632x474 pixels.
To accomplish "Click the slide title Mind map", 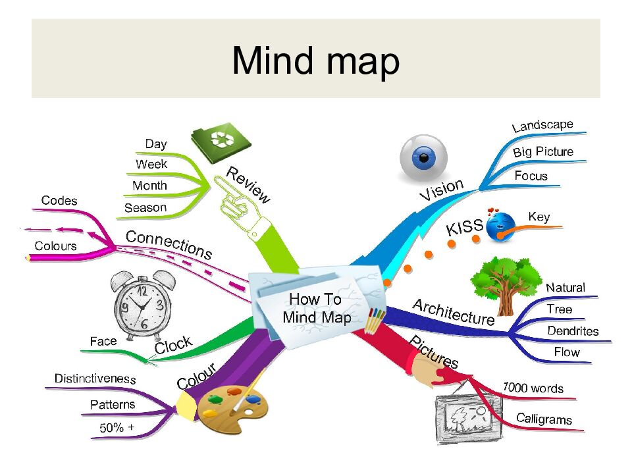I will click(315, 61).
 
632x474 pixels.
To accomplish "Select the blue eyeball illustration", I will click(423, 158).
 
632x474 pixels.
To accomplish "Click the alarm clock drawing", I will click(142, 304).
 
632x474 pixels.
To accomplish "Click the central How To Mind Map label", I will click(316, 308).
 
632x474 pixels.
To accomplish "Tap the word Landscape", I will click(542, 125).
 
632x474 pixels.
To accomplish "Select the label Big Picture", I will click(542, 152).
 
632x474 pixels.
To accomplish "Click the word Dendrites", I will click(573, 330).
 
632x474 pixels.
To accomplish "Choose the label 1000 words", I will click(533, 388).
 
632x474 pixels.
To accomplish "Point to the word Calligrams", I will click(544, 419).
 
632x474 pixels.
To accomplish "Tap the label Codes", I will click(59, 200).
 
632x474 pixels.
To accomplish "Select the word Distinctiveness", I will click(95, 379).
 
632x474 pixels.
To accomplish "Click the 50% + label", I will click(117, 427).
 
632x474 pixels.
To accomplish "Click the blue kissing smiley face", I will click(501, 226).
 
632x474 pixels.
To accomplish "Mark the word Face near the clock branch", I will click(103, 341).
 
